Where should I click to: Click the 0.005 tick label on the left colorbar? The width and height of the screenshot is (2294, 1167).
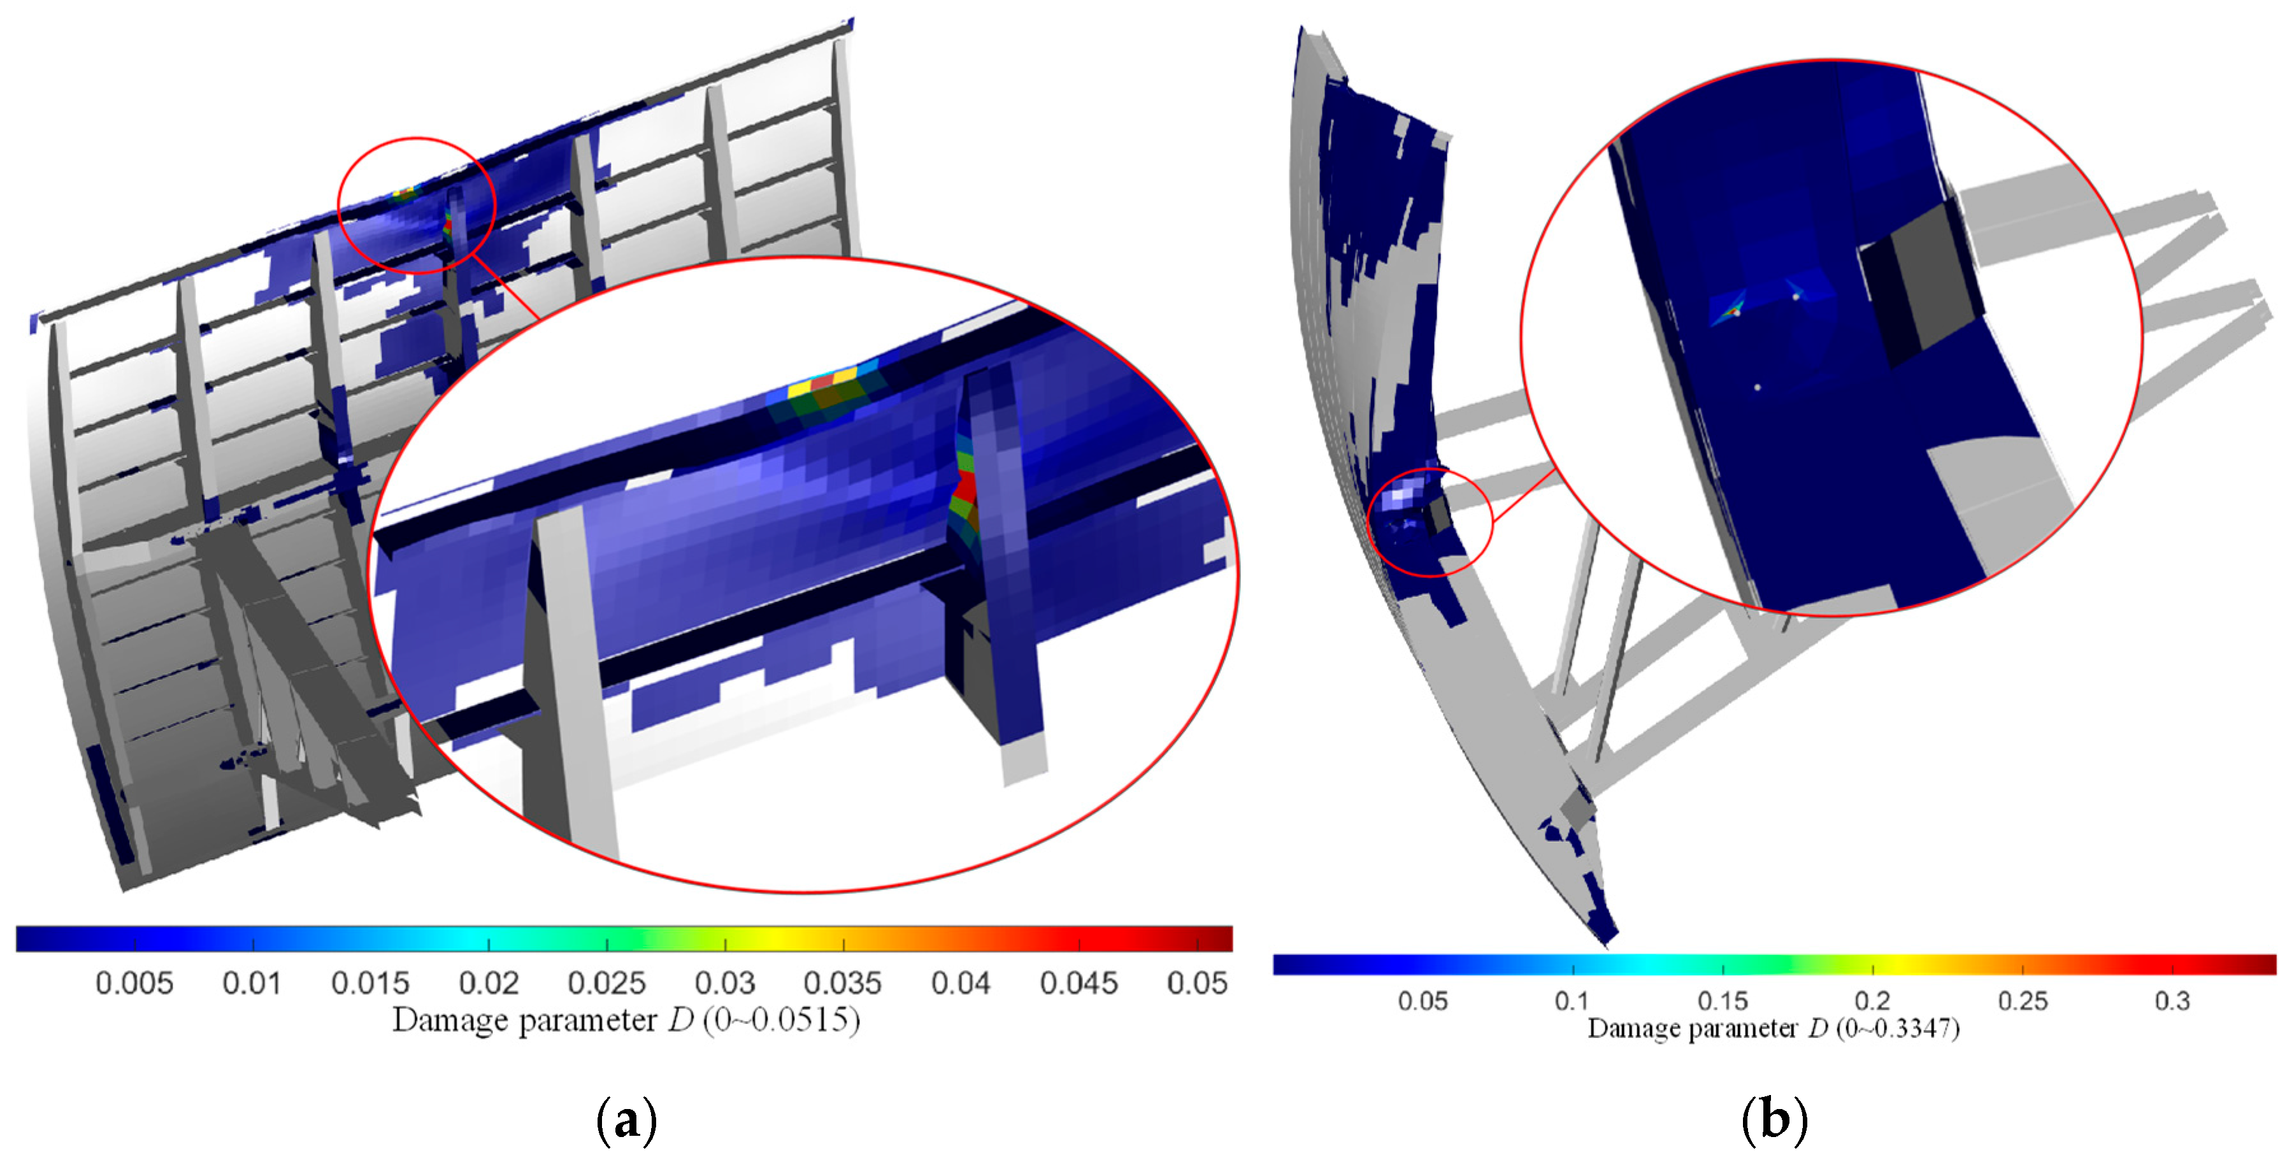pos(134,983)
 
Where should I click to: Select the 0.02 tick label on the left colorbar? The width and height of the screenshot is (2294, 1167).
pos(489,983)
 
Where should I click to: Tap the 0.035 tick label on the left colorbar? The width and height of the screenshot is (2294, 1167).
pos(842,983)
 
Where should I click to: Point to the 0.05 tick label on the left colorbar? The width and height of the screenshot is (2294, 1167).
pos(1198,983)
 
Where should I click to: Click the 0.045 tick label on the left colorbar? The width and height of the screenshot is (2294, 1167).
pos(1079,983)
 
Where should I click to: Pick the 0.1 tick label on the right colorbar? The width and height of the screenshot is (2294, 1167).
pos(1572,1001)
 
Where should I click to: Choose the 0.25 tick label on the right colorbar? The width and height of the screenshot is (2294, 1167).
pos(2023,1001)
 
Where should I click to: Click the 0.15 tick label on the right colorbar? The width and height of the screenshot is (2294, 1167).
pos(1723,1001)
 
